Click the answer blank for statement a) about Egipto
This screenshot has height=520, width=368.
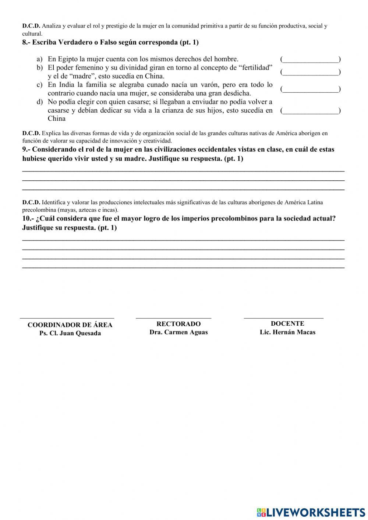coord(310,59)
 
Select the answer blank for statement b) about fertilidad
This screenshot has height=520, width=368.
coord(310,72)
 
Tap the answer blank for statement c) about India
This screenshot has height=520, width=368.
coord(310,89)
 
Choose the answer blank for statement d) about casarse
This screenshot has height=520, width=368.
coord(310,110)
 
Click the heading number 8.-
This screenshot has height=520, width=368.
coord(26,42)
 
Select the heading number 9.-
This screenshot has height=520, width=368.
coord(26,149)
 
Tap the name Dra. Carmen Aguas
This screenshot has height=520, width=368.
coord(178,332)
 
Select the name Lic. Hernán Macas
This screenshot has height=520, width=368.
coord(287,332)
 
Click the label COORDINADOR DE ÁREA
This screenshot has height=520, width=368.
coord(70,325)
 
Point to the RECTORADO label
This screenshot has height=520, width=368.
coord(178,324)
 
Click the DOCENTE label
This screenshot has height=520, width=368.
coord(287,323)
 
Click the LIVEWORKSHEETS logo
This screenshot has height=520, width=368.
coord(311,512)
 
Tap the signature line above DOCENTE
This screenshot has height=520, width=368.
coord(283,318)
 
